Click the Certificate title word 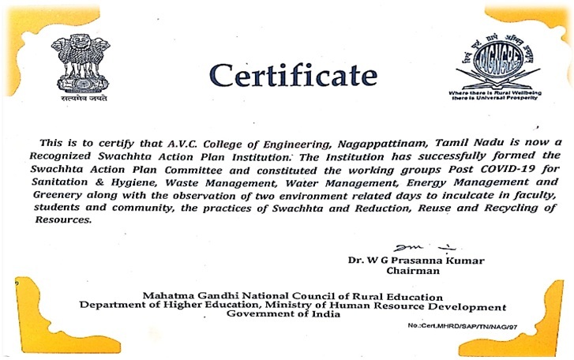(x=293, y=76)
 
